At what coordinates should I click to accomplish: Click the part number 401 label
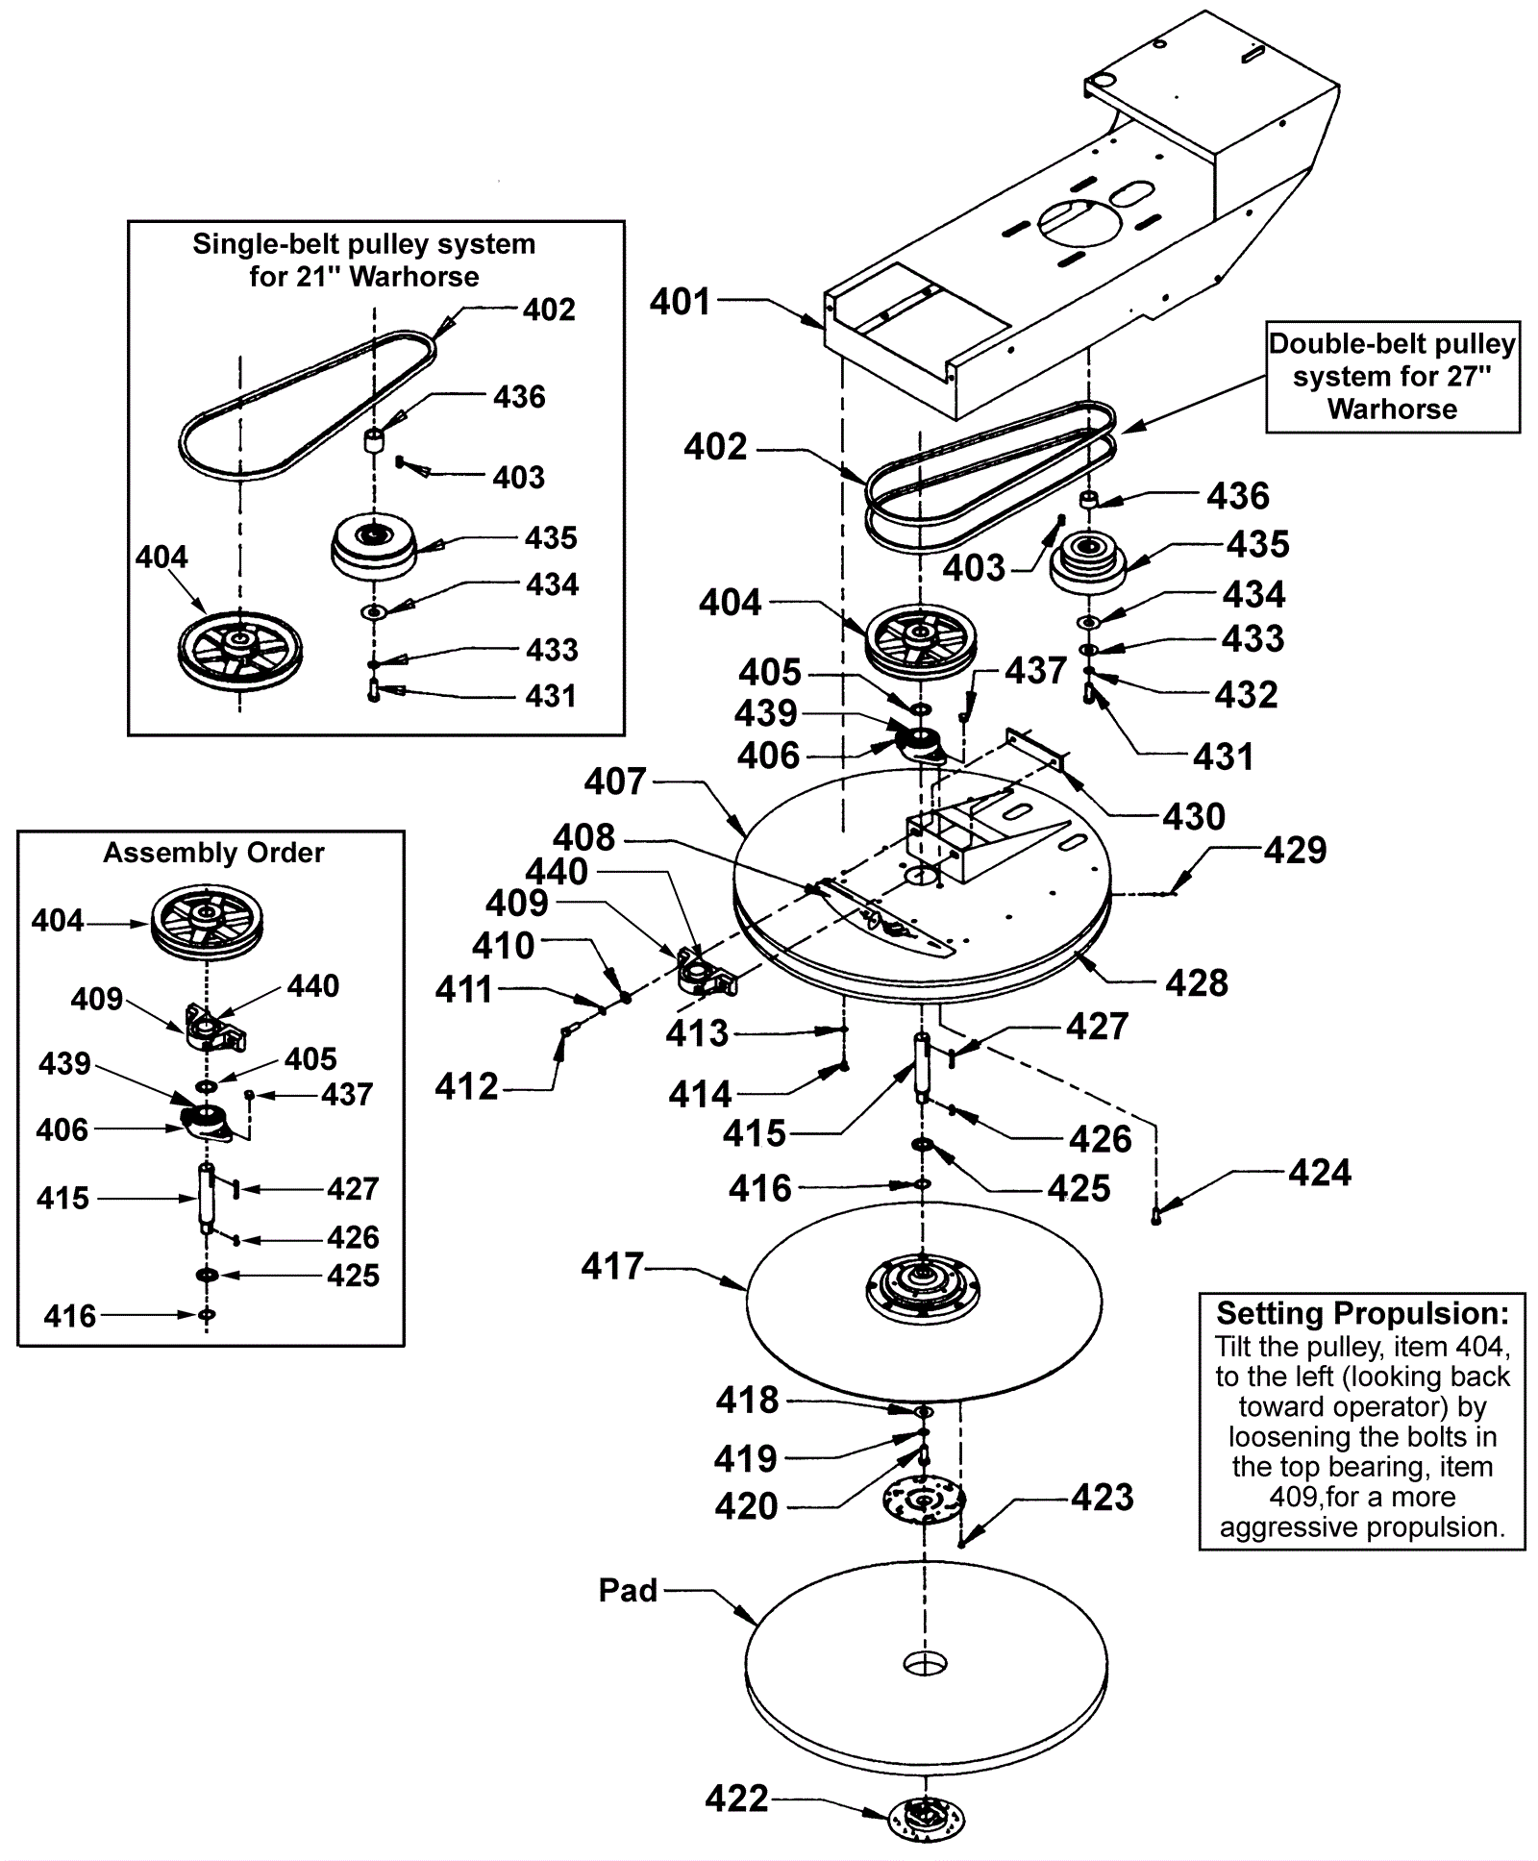pos(680,302)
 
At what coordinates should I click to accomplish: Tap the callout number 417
pos(612,1266)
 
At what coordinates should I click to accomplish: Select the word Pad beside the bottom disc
pos(628,1590)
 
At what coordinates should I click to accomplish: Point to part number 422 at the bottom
pos(736,1798)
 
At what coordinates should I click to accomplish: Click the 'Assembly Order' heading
pos(213,853)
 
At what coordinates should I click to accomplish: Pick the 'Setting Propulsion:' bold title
pos(1362,1313)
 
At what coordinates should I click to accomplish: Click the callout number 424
pos(1320,1173)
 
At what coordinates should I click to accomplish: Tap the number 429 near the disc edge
pos(1295,850)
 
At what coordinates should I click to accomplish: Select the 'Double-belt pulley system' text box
pos(1392,376)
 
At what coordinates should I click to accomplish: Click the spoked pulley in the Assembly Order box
pos(207,920)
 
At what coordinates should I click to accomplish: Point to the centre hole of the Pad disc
pos(925,1663)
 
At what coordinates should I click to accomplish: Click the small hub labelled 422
pos(927,1820)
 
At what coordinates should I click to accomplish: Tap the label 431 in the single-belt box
pos(551,695)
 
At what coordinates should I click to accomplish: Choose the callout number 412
pos(466,1087)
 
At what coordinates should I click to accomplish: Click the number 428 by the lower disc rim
pos(1196,982)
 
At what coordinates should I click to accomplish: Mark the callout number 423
pos(1102,1497)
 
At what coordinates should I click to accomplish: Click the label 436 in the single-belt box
pos(519,396)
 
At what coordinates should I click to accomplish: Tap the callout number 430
pos(1193,816)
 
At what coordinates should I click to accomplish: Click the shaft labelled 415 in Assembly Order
pos(206,1197)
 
